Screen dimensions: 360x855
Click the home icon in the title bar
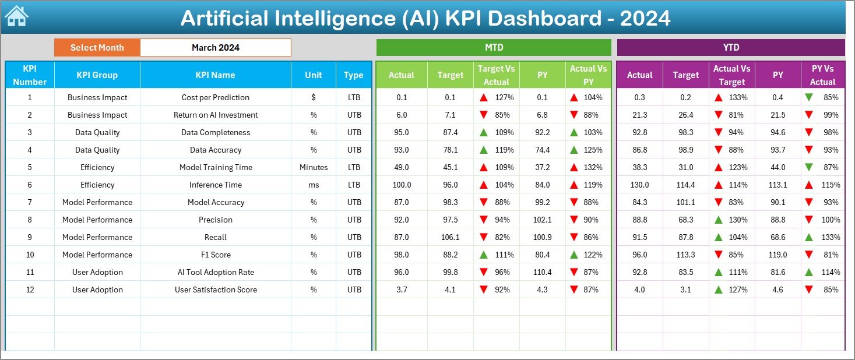16,16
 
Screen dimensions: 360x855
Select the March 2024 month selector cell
215,48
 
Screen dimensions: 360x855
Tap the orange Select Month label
97,48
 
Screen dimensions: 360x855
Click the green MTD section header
494,47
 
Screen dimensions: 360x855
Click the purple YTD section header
730,47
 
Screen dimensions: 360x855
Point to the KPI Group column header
97,75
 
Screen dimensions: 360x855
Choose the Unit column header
314,75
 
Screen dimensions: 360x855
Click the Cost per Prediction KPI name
215,97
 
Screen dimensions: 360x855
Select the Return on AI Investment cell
215,115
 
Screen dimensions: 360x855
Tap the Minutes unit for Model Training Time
314,167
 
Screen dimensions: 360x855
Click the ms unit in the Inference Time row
314,185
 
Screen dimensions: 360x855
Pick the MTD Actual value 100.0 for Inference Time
402,185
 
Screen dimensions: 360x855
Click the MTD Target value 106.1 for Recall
451,237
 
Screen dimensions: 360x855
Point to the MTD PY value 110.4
542,272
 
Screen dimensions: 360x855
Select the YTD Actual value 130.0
639,185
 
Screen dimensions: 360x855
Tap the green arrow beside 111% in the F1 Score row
483,255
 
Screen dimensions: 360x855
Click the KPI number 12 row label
30,290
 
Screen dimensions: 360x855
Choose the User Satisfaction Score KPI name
215,290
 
